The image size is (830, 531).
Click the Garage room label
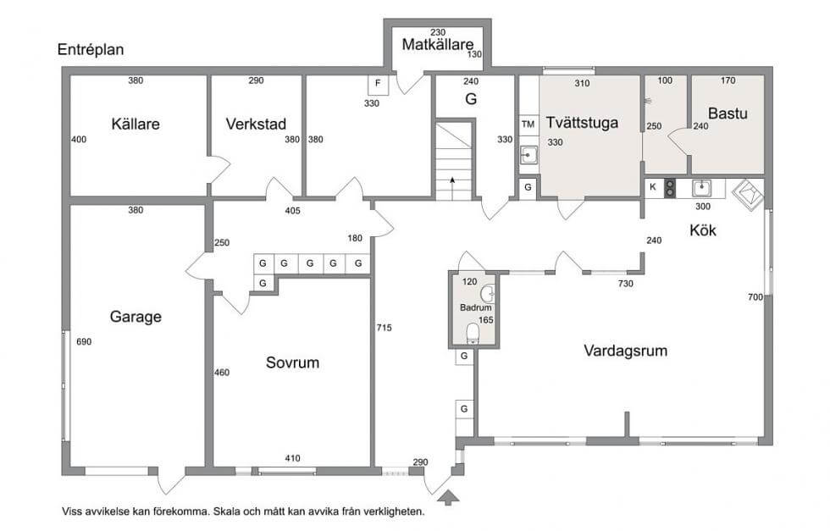(136, 317)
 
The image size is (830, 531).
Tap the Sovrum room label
(293, 362)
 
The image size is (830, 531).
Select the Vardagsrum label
(625, 351)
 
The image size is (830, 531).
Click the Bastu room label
(728, 113)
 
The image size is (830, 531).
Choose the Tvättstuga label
(582, 123)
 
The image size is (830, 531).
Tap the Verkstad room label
(256, 124)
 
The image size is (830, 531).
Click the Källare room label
(136, 124)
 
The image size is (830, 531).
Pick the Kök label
(703, 230)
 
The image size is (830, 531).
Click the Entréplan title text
(91, 50)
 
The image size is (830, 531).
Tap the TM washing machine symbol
(528, 124)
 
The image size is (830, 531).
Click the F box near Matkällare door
(378, 84)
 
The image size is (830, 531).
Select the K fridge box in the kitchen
(653, 187)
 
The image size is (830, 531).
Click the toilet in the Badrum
(473, 334)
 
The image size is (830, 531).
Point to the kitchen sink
(701, 188)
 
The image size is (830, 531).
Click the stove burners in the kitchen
(670, 188)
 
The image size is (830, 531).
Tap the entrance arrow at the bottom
(449, 496)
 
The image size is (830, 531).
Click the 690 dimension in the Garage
(84, 342)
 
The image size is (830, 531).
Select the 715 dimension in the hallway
(384, 328)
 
